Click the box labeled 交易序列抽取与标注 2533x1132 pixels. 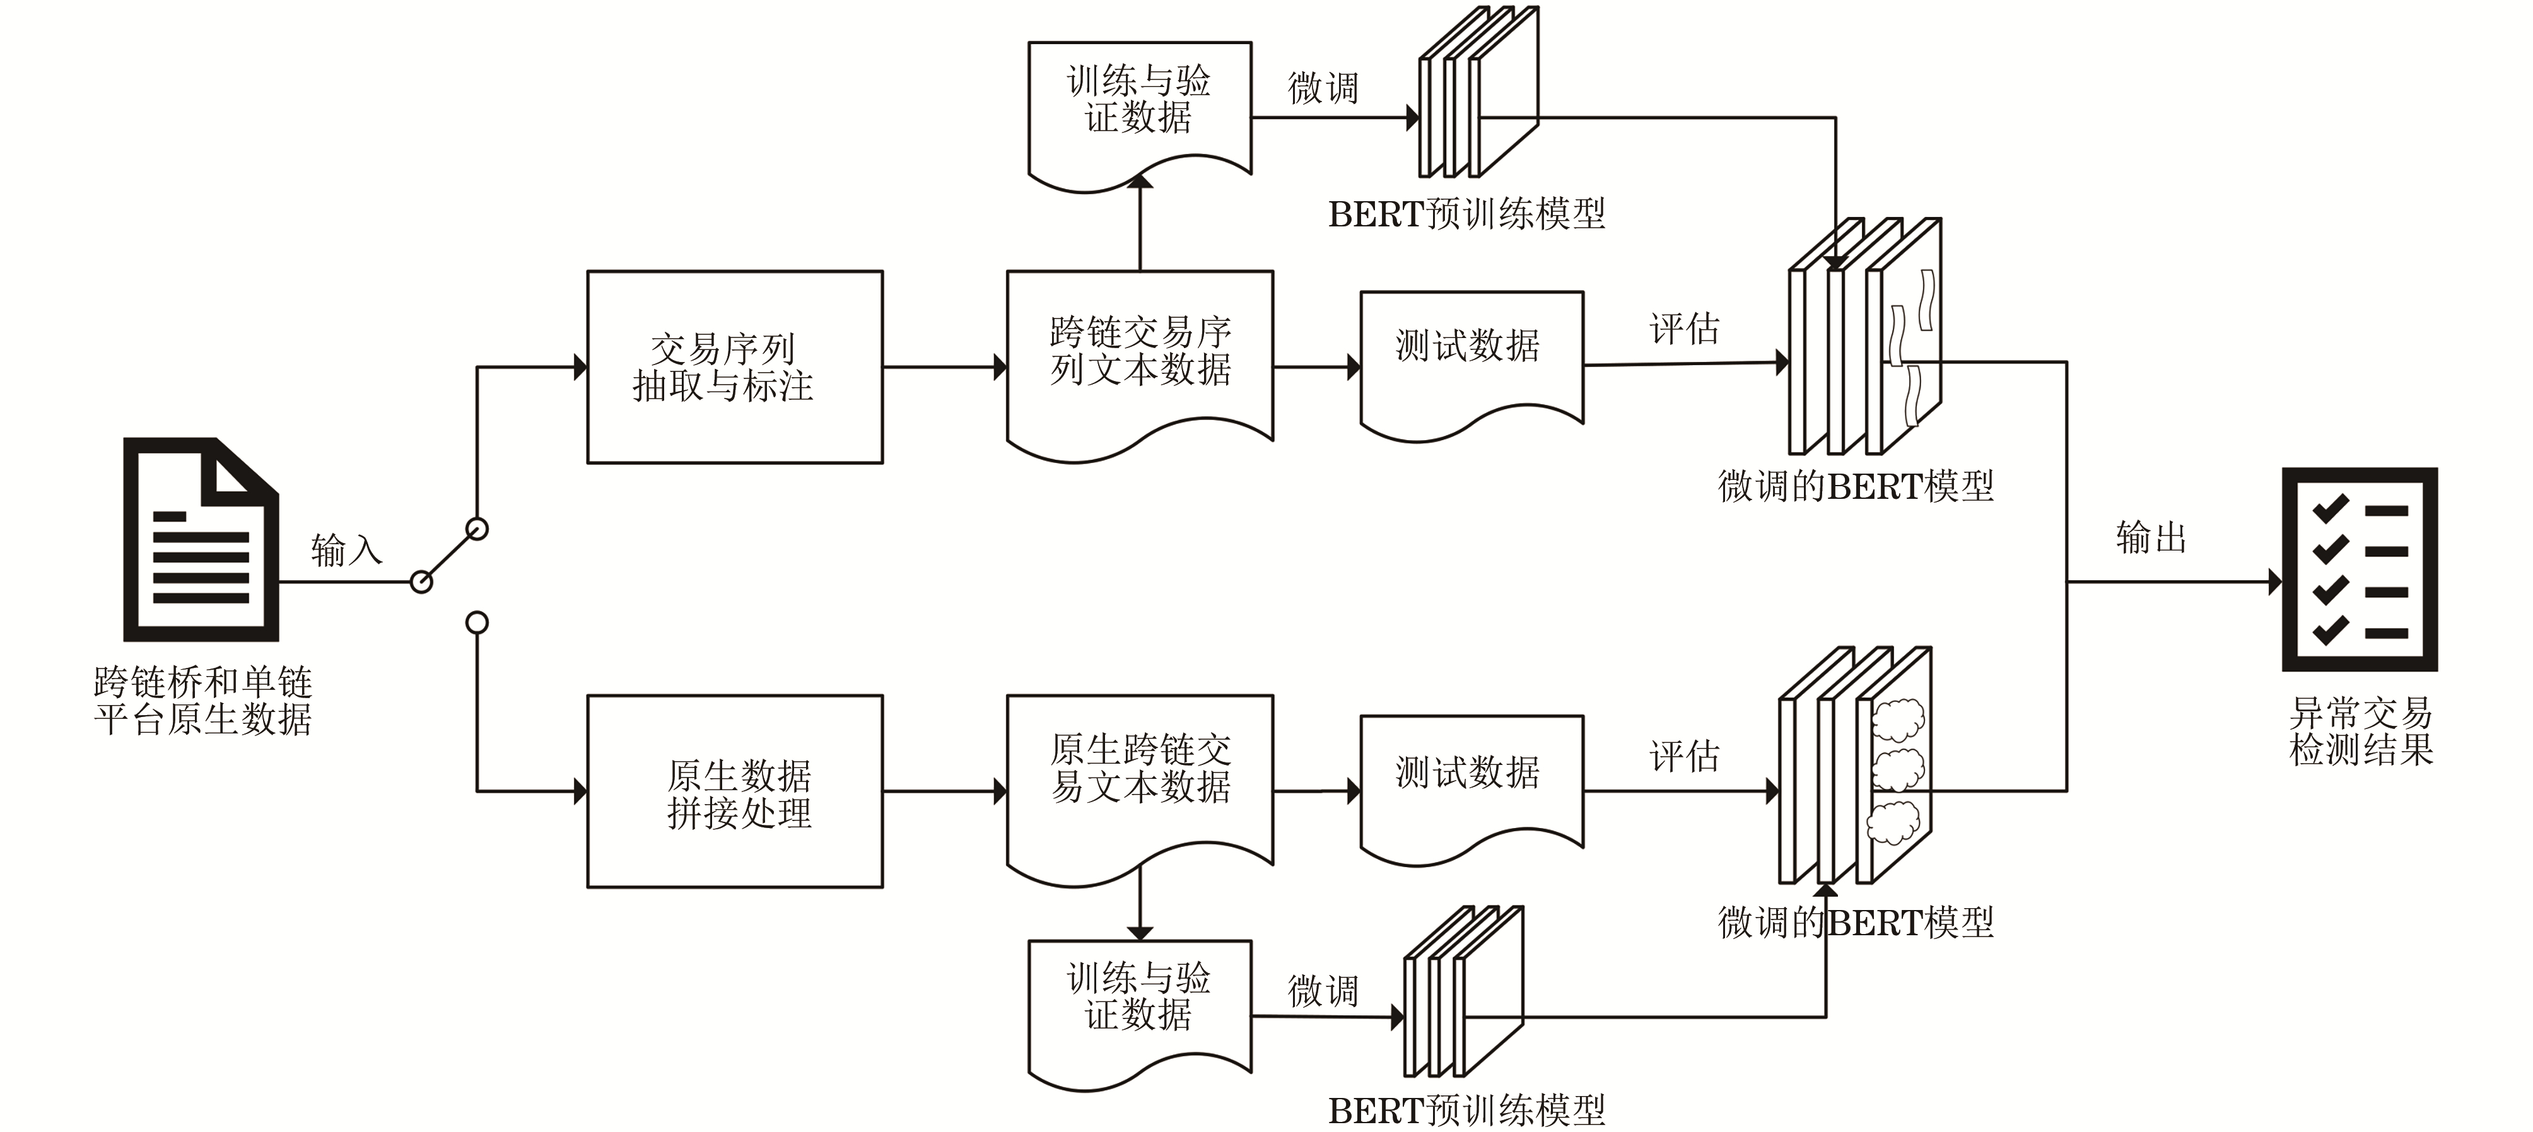point(735,367)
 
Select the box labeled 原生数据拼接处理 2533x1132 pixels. point(735,791)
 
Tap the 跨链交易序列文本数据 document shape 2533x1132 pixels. point(1140,354)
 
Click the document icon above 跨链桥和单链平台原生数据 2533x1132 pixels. point(201,539)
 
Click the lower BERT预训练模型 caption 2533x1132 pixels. point(1466,1111)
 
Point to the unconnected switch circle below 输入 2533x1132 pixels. point(477,622)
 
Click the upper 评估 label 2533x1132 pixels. point(1685,329)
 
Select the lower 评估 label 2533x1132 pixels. point(1685,756)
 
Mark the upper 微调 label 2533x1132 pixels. point(1323,88)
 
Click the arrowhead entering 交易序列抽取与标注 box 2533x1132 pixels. point(580,367)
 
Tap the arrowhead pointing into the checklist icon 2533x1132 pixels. point(2274,581)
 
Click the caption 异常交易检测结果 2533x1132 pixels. point(2360,731)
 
